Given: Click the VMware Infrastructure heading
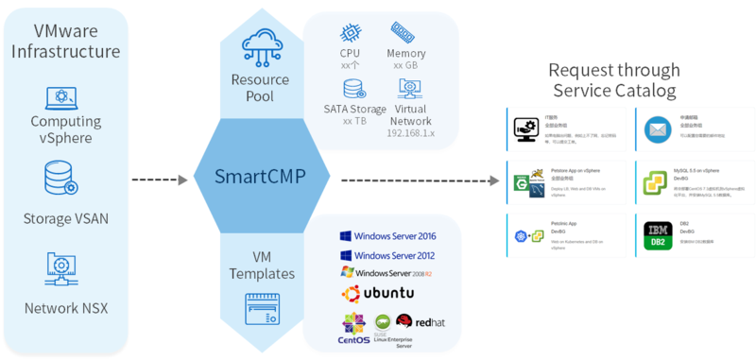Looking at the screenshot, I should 66,41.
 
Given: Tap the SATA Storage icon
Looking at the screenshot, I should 354,89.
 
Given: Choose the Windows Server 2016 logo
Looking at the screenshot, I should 387,235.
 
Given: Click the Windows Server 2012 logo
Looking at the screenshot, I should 387,255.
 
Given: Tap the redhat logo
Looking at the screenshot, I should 418,323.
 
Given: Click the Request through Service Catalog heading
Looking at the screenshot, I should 614,80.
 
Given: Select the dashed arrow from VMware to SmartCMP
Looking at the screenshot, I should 162,179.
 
